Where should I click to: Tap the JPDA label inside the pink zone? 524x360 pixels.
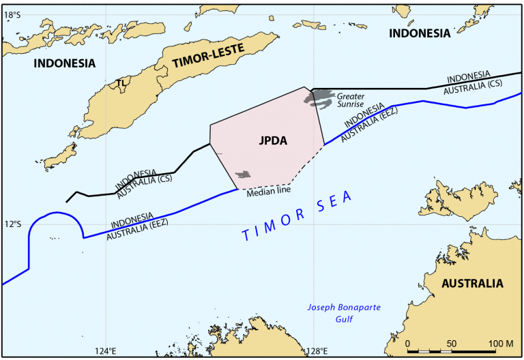click(273, 141)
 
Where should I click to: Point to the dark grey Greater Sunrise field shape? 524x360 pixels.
click(319, 99)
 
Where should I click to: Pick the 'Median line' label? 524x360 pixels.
click(268, 192)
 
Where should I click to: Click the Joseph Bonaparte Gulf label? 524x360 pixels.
click(343, 312)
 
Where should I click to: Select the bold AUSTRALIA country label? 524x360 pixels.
click(471, 283)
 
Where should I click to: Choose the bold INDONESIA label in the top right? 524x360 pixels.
click(419, 33)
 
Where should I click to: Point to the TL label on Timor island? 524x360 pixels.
click(121, 82)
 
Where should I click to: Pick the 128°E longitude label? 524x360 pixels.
click(316, 352)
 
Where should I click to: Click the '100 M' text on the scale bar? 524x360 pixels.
click(501, 342)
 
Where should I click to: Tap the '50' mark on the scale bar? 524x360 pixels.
click(452, 342)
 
